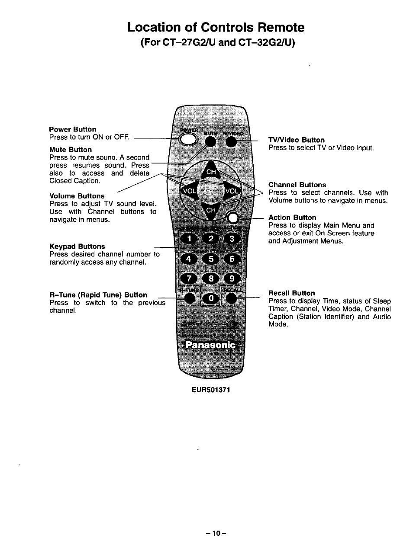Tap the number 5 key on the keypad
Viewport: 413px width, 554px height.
(211, 259)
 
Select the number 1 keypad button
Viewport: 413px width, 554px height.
(189, 239)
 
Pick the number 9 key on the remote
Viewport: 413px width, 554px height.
(232, 279)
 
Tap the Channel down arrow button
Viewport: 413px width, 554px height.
(211, 211)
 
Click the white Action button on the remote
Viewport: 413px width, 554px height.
(233, 218)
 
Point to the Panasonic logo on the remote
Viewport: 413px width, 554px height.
(210, 345)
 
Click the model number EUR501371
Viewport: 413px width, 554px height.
(211, 389)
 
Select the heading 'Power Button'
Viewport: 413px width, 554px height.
(73, 129)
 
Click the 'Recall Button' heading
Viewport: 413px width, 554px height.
(291, 293)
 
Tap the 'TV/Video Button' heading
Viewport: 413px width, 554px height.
(296, 140)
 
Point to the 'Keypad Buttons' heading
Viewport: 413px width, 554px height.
(77, 247)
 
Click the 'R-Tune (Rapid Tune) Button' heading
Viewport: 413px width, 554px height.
(98, 295)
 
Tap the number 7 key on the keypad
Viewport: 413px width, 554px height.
(189, 279)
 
